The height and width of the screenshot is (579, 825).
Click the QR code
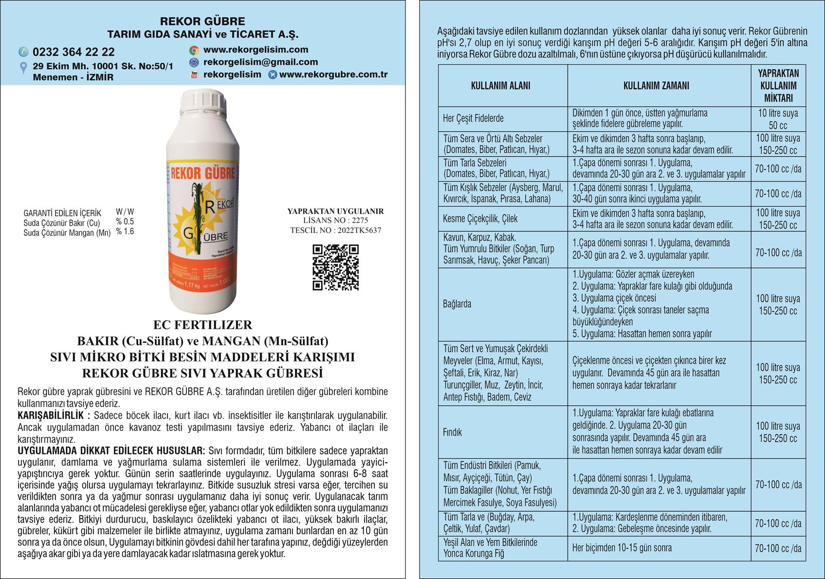[x=336, y=268]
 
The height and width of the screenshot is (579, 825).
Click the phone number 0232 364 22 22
[x=73, y=52]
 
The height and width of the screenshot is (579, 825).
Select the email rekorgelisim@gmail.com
[x=260, y=62]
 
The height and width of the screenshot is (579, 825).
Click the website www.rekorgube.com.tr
[x=333, y=75]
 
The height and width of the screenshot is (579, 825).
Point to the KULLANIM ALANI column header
[x=500, y=86]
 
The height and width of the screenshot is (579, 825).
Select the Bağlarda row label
[x=457, y=304]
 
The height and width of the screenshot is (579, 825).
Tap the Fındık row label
[x=453, y=432]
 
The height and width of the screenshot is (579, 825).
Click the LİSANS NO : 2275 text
[x=335, y=220]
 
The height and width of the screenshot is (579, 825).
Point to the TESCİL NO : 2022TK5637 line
[x=335, y=230]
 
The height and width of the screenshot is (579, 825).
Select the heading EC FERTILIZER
[x=202, y=325]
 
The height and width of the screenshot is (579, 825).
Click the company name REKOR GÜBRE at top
[x=202, y=21]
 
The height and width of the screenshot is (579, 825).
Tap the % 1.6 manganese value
[x=125, y=232]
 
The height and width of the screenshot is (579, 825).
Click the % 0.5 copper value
[x=125, y=222]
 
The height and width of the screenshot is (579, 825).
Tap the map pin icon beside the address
[x=23, y=68]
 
